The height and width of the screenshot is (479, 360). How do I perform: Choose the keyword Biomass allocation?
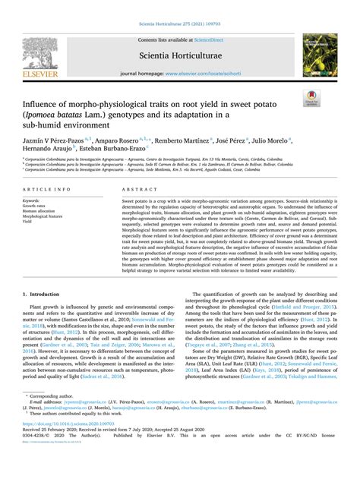41,211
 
